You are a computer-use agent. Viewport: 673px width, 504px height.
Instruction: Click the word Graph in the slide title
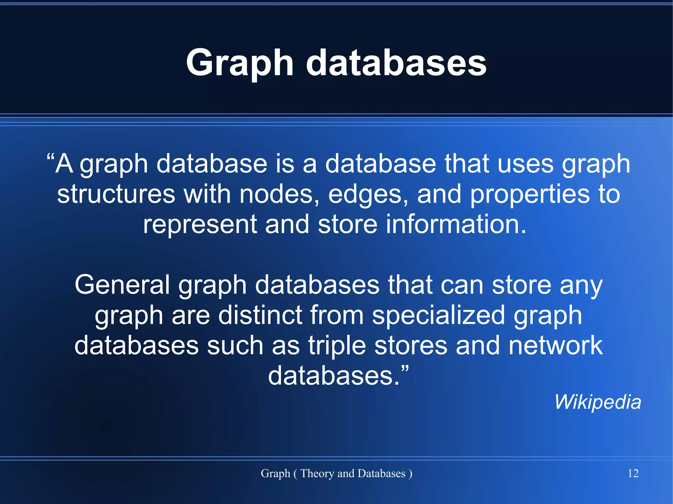[x=240, y=63]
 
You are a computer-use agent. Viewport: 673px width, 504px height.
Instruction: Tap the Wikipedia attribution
[x=597, y=402]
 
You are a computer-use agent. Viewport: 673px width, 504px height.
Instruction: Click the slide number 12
[x=633, y=473]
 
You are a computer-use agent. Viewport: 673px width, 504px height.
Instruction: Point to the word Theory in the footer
[x=317, y=473]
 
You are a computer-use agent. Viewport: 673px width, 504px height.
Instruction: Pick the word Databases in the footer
[x=381, y=473]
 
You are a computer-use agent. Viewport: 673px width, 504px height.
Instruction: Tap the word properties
[x=530, y=195]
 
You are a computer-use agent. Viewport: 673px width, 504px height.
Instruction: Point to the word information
[x=456, y=224]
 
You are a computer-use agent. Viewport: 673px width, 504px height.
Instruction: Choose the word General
[x=122, y=285]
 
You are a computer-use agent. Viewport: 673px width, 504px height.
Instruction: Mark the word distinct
[x=260, y=315]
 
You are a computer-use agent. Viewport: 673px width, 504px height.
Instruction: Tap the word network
[x=555, y=345]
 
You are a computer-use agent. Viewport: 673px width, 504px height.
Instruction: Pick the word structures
[x=116, y=194]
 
